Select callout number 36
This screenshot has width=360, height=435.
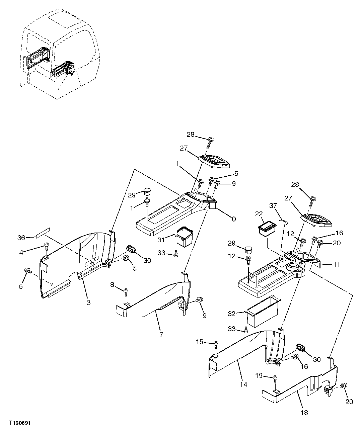point(21,238)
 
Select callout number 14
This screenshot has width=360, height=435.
point(243,384)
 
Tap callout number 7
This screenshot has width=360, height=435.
point(161,334)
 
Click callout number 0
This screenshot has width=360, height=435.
point(233,219)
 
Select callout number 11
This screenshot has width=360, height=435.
point(337,264)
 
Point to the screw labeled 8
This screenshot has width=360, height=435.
point(126,291)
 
